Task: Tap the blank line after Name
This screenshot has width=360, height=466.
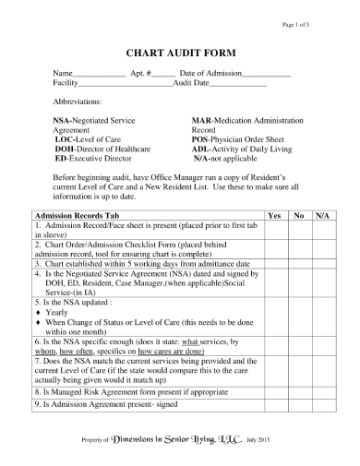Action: pos(98,74)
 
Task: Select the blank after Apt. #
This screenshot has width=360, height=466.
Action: pos(162,74)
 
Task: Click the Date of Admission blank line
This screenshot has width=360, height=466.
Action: pos(267,74)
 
